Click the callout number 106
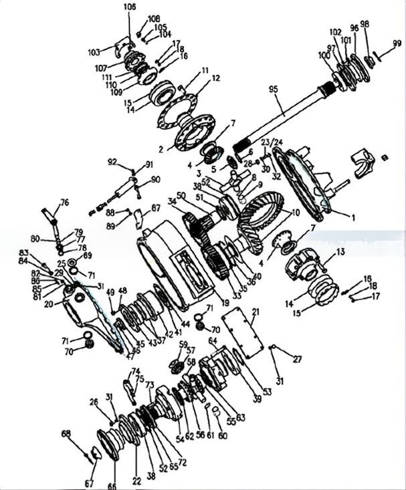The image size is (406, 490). tap(129, 6)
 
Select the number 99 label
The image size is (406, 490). tap(397, 43)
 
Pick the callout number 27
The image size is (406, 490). tap(297, 359)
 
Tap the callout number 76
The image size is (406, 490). tap(64, 202)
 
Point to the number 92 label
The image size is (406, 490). tap(112, 161)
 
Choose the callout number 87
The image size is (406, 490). tap(155, 209)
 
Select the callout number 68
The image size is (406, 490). tap(66, 434)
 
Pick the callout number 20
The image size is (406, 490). tap(49, 303)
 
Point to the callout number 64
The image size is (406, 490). tap(213, 341)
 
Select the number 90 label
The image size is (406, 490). tap(155, 179)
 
